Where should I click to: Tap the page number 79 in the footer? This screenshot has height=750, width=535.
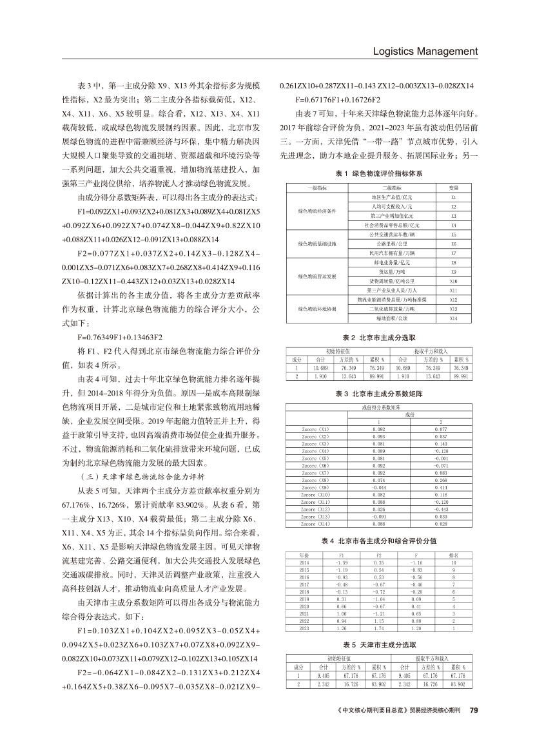(x=474, y=711)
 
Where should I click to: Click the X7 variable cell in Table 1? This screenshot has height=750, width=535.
(x=453, y=253)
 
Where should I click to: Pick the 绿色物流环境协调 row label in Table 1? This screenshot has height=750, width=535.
(x=317, y=309)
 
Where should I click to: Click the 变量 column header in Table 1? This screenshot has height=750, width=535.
(x=453, y=187)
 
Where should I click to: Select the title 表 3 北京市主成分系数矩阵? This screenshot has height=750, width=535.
(x=378, y=392)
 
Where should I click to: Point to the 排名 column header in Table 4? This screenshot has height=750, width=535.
(x=453, y=555)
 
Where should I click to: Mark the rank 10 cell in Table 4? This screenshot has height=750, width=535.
(x=453, y=562)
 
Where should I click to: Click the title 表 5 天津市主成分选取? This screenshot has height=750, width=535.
(x=378, y=644)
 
